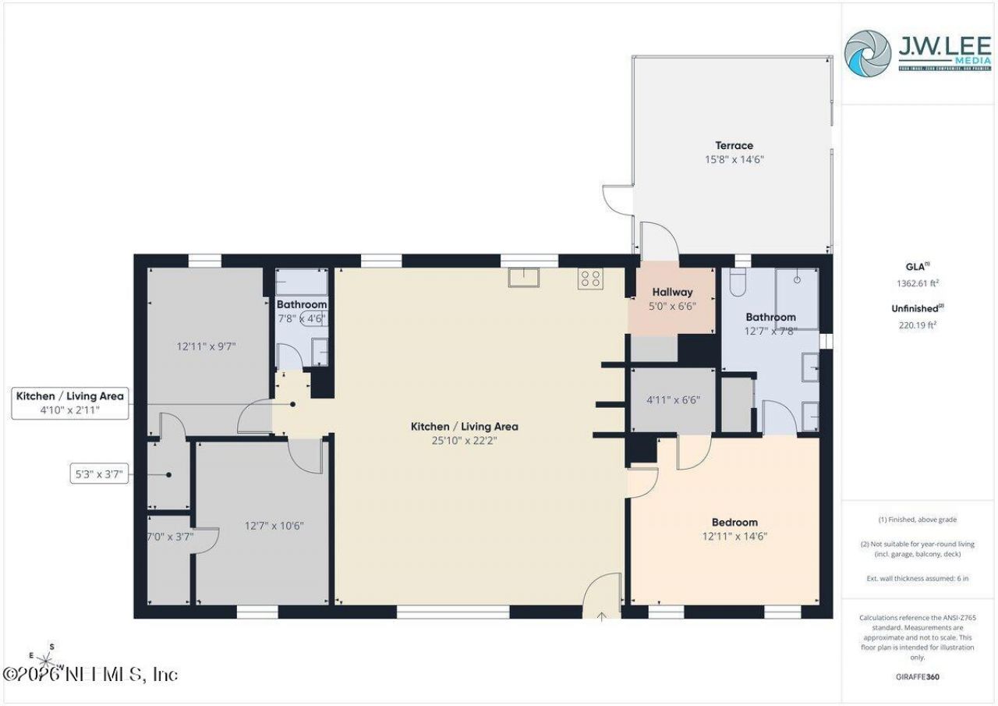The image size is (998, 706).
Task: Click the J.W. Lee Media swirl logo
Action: click(867, 53)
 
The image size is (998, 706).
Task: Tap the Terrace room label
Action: click(734, 145)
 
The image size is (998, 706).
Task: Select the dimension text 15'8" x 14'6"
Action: click(734, 159)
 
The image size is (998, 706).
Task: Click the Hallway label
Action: click(672, 293)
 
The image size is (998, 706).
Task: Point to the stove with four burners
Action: click(589, 279)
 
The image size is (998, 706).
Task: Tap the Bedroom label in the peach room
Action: click(734, 522)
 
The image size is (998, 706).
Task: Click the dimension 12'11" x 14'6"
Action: click(734, 537)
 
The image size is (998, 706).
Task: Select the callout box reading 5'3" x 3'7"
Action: click(97, 474)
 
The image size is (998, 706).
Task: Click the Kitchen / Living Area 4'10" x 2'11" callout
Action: click(69, 403)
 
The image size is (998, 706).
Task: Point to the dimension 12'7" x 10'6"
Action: click(274, 526)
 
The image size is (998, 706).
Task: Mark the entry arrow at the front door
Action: click(602, 617)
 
